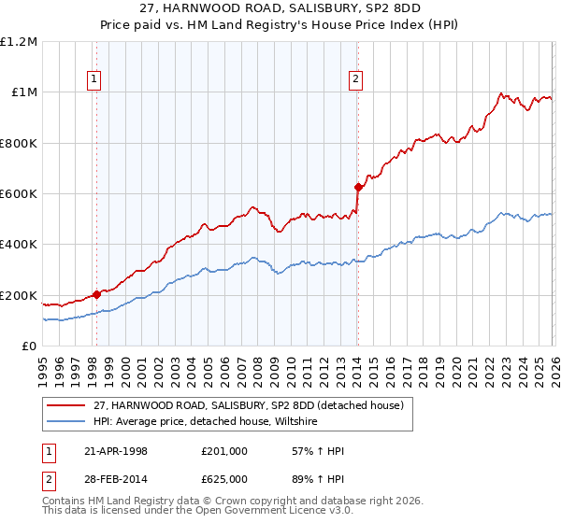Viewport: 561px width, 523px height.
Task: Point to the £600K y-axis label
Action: click(19, 194)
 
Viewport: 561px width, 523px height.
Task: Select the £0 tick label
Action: click(28, 346)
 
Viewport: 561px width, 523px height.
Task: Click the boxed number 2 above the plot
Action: click(356, 80)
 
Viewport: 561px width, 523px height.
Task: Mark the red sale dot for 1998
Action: click(97, 294)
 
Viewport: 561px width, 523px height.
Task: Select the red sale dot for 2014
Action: click(357, 187)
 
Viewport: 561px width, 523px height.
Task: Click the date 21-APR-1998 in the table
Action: click(128, 451)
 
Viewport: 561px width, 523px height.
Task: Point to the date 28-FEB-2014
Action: click(128, 480)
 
